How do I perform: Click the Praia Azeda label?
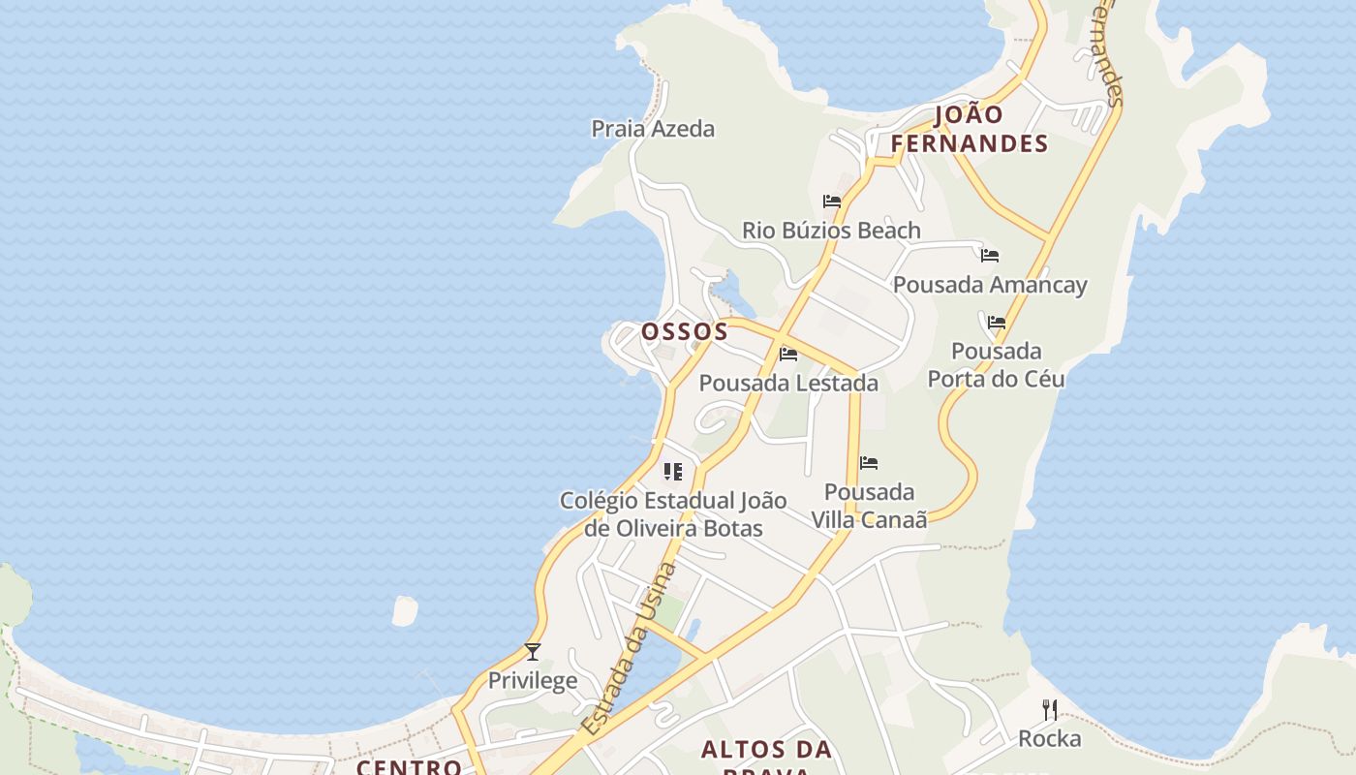pyautogui.click(x=653, y=129)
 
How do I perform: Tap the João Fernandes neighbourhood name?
pyautogui.click(x=969, y=129)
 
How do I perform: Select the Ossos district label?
pyautogui.click(x=685, y=331)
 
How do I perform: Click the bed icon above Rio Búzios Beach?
pyautogui.click(x=832, y=201)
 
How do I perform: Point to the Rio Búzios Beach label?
pyautogui.click(x=831, y=231)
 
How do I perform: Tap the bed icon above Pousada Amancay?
pyautogui.click(x=990, y=256)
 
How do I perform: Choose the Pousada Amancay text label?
pyautogui.click(x=990, y=285)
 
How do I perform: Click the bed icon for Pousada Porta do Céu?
pyautogui.click(x=997, y=323)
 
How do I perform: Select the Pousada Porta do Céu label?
pyautogui.click(x=996, y=364)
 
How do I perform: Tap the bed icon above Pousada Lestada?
pyautogui.click(x=788, y=355)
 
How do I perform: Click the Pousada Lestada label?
pyautogui.click(x=788, y=384)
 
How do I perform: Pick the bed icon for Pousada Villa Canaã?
pyautogui.click(x=869, y=463)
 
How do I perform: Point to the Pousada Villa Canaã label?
pyautogui.click(x=869, y=506)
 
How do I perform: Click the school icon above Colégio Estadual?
pyautogui.click(x=672, y=472)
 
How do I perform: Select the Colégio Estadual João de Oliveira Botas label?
pyautogui.click(x=673, y=514)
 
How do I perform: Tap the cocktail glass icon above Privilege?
pyautogui.click(x=532, y=651)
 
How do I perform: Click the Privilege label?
pyautogui.click(x=532, y=681)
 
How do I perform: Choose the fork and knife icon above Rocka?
pyautogui.click(x=1049, y=710)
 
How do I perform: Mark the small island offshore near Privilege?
pyautogui.click(x=404, y=610)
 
